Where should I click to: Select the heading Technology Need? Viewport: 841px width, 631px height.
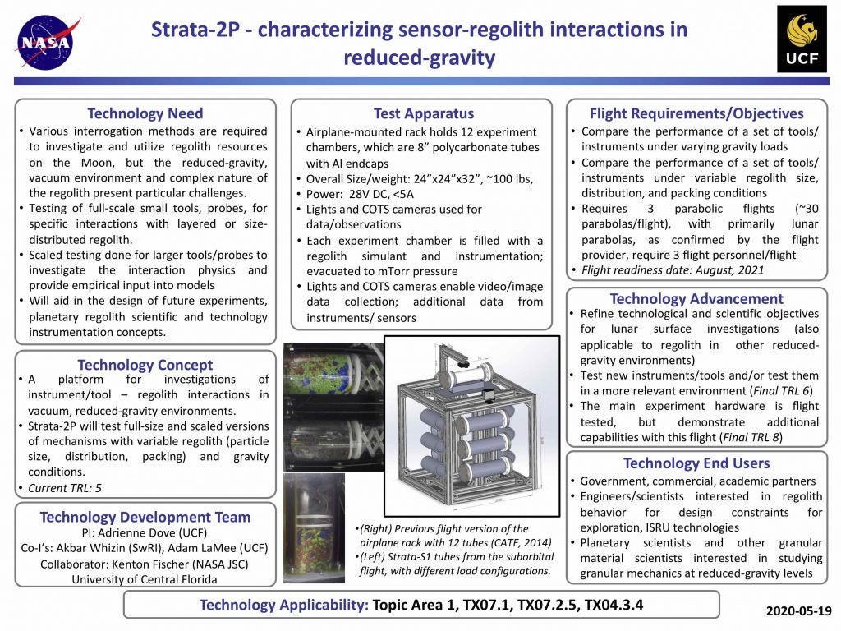(x=145, y=113)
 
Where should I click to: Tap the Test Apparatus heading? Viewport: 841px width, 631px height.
(x=423, y=113)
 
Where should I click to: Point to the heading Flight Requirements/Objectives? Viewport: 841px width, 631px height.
(x=696, y=113)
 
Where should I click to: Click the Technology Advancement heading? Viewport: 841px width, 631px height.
(x=696, y=298)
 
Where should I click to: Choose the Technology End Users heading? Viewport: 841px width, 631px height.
(x=696, y=463)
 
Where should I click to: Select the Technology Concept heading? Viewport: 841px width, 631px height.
(x=145, y=365)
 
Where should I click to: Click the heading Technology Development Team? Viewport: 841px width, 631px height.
(x=145, y=517)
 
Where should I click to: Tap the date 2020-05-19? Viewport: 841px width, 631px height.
(x=799, y=611)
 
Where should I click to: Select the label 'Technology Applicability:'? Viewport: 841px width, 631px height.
(x=283, y=606)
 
